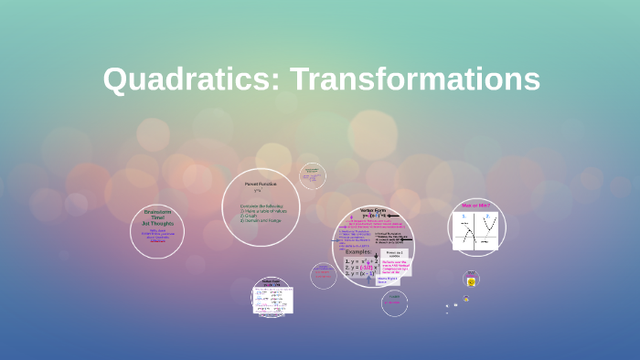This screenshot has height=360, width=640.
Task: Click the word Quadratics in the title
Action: coord(192,79)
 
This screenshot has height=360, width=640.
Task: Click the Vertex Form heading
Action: coord(372,210)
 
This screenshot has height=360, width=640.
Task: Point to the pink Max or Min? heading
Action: coord(476,206)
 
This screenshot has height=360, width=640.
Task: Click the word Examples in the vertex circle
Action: coord(358,251)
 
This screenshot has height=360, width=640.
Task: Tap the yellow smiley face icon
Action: coord(472,281)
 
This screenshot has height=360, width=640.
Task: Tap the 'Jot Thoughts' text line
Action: coord(157,223)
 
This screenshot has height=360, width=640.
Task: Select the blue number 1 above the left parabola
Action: coord(464,216)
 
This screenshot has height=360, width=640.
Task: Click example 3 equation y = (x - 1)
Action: coord(359,273)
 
